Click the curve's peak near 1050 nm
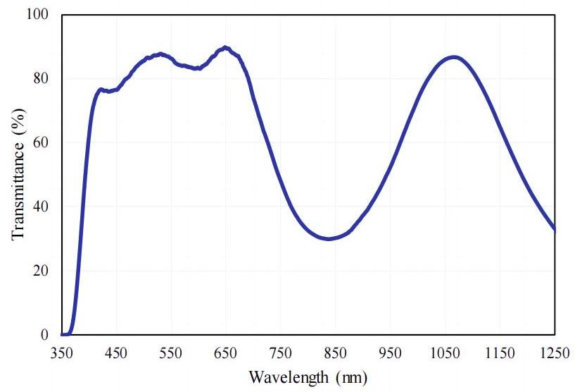454,57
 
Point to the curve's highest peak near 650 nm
225,48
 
